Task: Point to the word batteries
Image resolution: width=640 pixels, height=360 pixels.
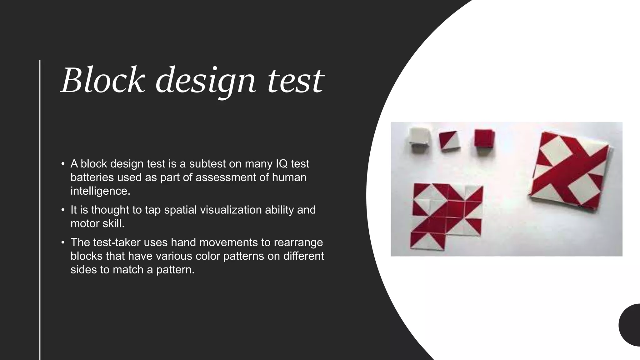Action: point(92,177)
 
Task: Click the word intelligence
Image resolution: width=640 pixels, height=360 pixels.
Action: point(100,191)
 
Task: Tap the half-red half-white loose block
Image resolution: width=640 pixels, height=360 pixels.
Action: point(449,141)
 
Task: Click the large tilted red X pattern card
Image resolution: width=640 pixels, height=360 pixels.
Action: point(570,170)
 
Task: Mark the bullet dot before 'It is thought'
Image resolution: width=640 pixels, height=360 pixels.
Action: point(63,210)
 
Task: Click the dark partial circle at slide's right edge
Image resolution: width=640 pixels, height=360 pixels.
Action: point(631,325)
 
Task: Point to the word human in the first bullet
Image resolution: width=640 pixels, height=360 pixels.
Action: point(289,177)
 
